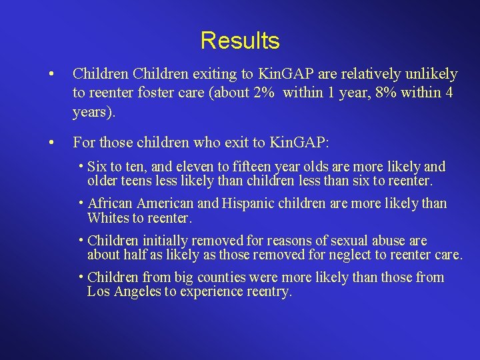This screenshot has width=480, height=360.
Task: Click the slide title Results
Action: click(x=239, y=41)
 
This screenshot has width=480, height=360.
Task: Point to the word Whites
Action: click(x=109, y=218)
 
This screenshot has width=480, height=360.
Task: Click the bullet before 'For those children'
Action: click(x=51, y=142)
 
